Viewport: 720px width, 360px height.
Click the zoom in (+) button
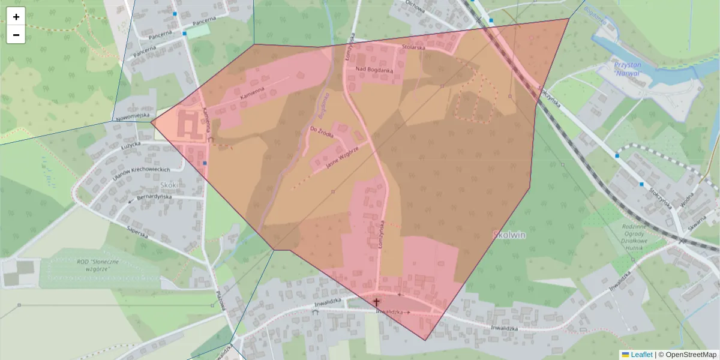[16, 17]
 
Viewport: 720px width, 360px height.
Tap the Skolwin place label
[509, 235]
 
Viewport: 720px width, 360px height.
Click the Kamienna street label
[252, 94]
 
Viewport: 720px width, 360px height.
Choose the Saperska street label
[137, 232]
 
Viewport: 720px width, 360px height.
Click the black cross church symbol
[377, 302]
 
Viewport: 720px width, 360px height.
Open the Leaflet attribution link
[641, 355]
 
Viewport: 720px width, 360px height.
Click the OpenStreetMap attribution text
[691, 355]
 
